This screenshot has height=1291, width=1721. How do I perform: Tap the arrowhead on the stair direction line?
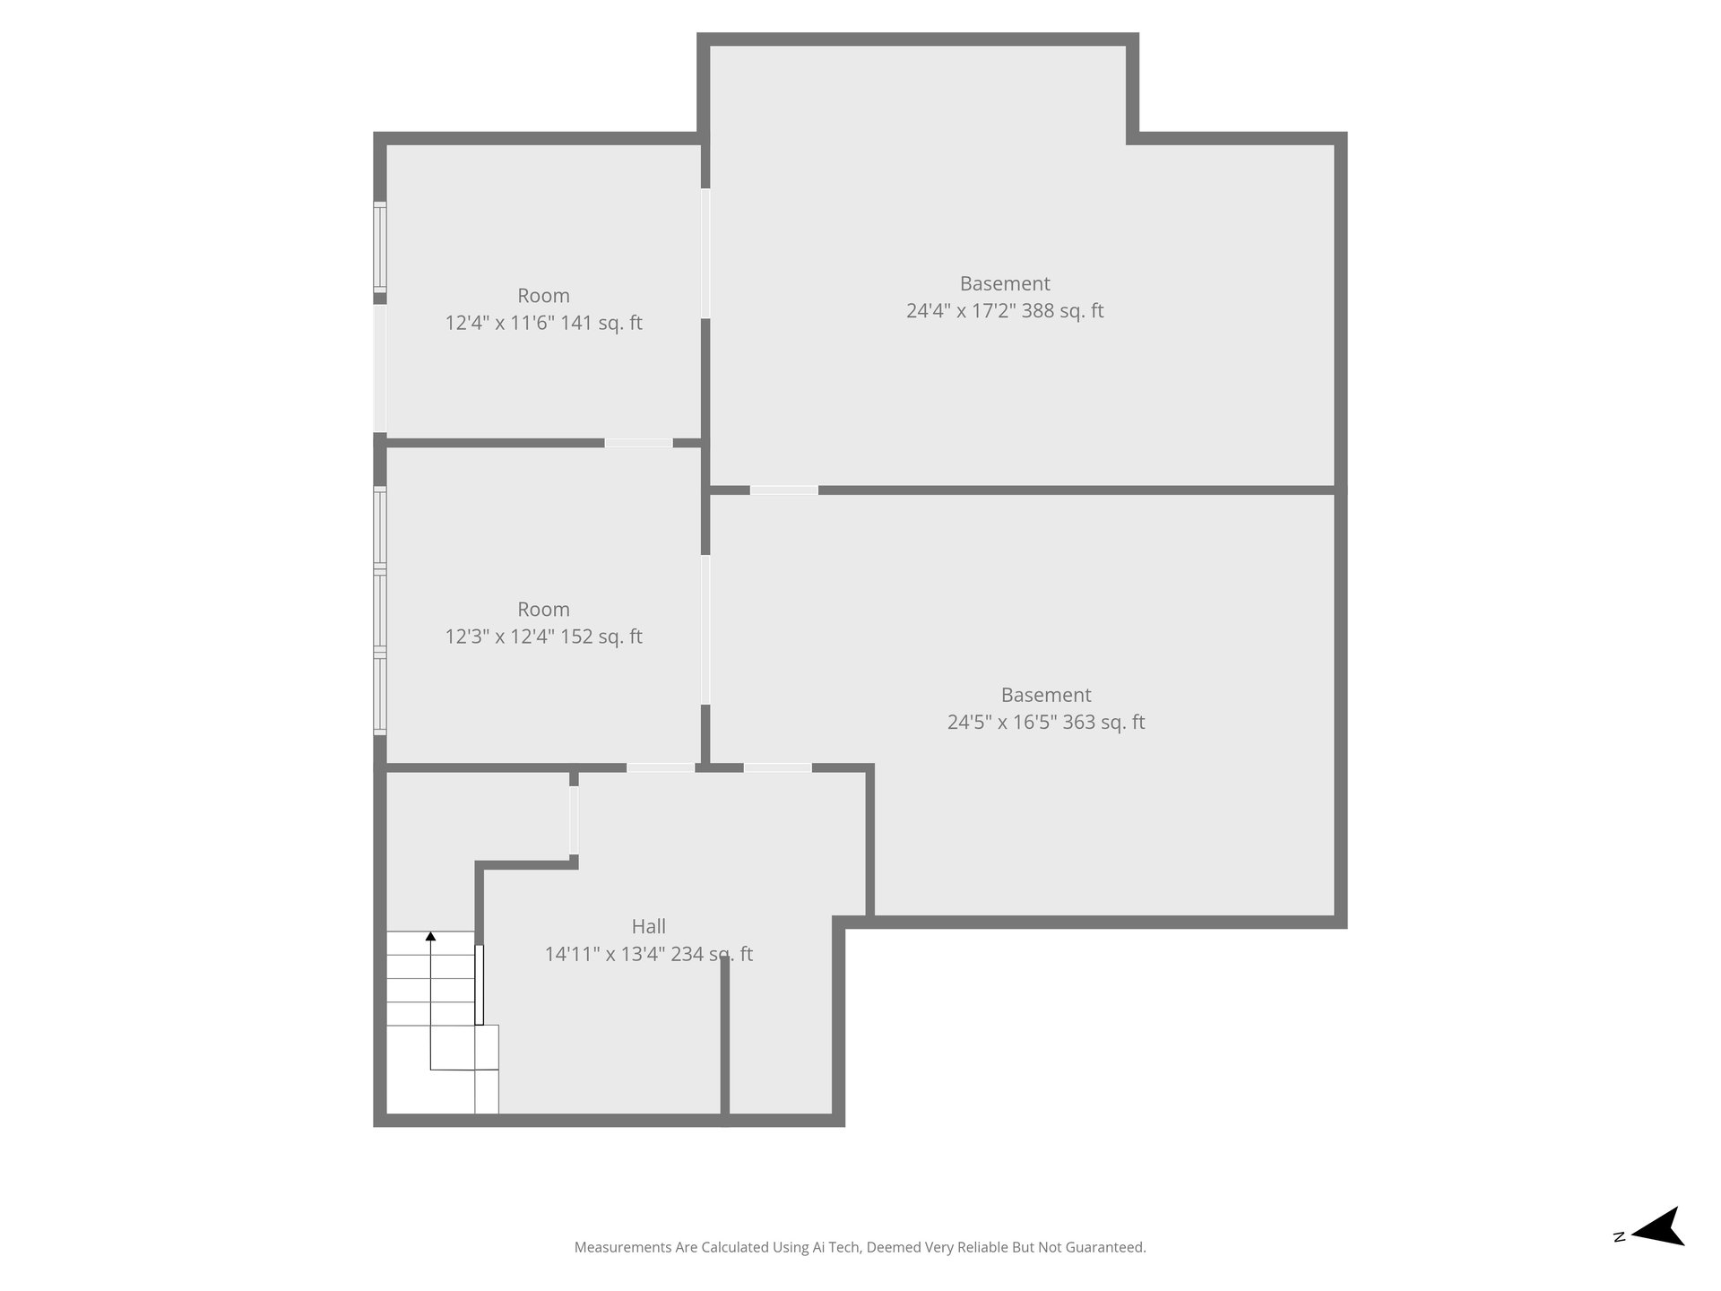click(430, 937)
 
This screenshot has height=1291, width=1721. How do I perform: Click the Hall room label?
click(648, 926)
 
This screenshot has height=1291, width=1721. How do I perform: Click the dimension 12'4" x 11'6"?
click(500, 323)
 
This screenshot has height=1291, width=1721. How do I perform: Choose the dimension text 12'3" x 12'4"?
click(500, 637)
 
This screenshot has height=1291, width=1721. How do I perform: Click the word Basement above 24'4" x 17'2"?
click(1005, 283)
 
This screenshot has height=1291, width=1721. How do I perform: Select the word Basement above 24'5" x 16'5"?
click(1046, 695)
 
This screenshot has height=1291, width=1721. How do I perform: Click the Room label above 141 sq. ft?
click(543, 296)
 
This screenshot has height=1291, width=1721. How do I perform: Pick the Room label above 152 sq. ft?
click(543, 610)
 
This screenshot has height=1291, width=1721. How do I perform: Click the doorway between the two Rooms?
click(638, 443)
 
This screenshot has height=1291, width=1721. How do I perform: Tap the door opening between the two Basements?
click(784, 490)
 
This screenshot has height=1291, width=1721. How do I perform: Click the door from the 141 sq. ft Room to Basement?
click(705, 254)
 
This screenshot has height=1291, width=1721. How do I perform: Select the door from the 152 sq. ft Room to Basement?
click(705, 629)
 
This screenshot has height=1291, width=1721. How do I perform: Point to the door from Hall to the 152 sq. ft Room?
click(661, 767)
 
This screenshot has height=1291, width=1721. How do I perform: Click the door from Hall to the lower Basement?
click(778, 767)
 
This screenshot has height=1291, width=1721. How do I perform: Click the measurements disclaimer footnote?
click(860, 1247)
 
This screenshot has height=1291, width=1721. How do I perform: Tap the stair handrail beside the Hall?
click(479, 984)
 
